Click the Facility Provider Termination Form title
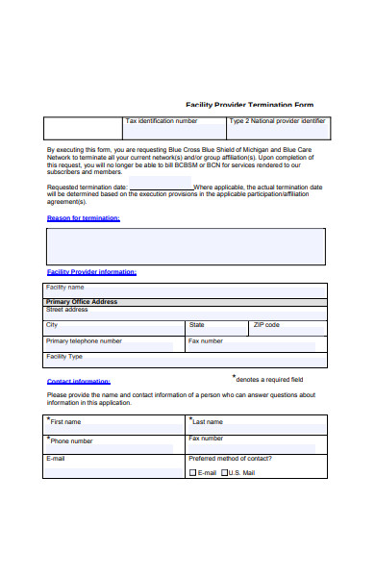pyautogui.click(x=249, y=105)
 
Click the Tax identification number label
pyautogui.click(x=162, y=121)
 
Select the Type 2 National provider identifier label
pyautogui.click(x=278, y=121)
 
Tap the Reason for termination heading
pyautogui.click(x=84, y=218)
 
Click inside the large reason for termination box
pyautogui.click(x=187, y=246)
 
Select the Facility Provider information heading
pyautogui.click(x=91, y=272)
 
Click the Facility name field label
pyautogui.click(x=65, y=287)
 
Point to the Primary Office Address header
pyautogui.click(x=82, y=302)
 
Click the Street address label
pyautogui.click(x=67, y=310)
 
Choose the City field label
pyautogui.click(x=52, y=325)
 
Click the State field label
pyautogui.click(x=197, y=325)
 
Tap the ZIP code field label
pyautogui.click(x=266, y=325)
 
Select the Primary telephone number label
pyautogui.click(x=84, y=340)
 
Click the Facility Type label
pyautogui.click(x=64, y=357)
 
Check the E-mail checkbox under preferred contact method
pyautogui.click(x=192, y=473)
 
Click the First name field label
pyautogui.click(x=65, y=421)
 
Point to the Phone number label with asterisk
pyautogui.click(x=71, y=440)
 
